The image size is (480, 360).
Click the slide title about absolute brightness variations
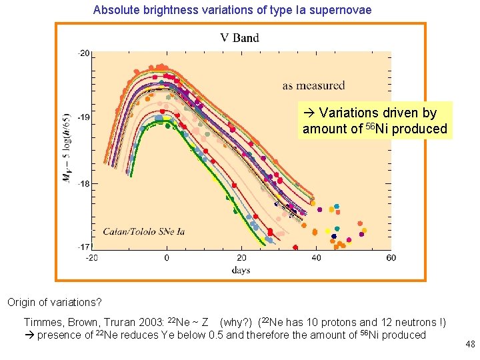[x=232, y=10]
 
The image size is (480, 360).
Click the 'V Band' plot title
[x=239, y=38]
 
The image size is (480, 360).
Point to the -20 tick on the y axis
[x=84, y=52]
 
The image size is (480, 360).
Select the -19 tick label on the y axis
[x=84, y=117]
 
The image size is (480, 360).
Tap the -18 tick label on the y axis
[x=84, y=183]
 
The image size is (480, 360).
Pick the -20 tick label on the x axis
[x=92, y=257]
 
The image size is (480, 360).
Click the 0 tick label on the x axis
[x=167, y=257]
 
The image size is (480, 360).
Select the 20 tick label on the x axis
[x=241, y=257]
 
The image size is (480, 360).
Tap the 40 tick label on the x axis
[x=316, y=257]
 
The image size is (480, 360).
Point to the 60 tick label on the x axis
[x=391, y=257]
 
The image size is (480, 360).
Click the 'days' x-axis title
[x=241, y=269]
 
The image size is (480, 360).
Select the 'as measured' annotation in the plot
[x=313, y=85]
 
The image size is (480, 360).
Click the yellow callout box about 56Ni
[x=375, y=121]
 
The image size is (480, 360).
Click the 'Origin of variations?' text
[x=53, y=302]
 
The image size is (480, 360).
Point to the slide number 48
[x=470, y=345]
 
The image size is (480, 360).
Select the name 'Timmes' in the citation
[x=42, y=323]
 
